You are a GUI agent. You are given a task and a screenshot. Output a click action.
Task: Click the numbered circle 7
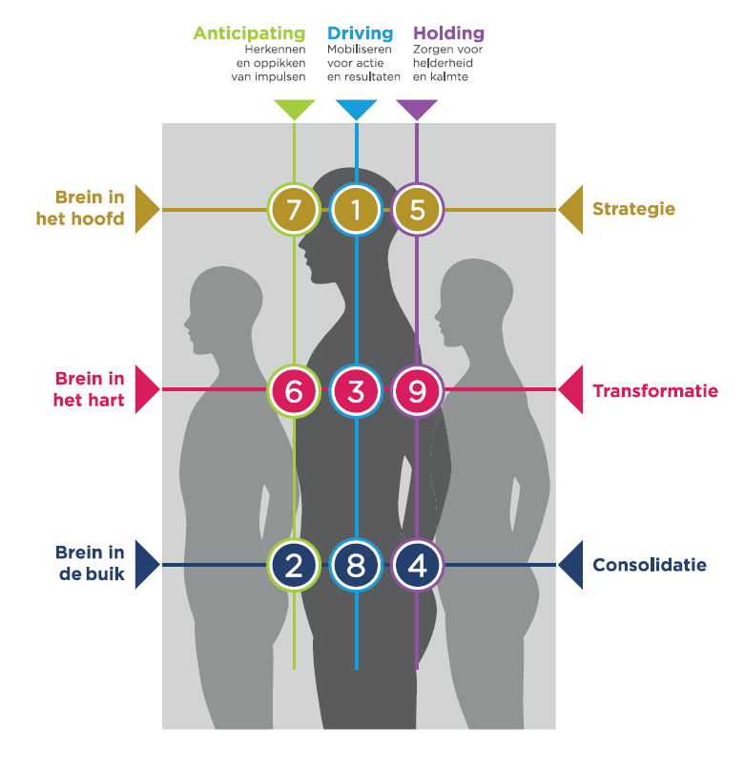tap(294, 210)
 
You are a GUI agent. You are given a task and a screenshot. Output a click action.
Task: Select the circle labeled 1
tap(356, 210)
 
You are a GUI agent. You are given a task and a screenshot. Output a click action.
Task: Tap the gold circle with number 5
tap(417, 210)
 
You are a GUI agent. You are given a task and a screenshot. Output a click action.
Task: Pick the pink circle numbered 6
tap(294, 390)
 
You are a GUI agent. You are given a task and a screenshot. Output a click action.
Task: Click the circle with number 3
tap(356, 390)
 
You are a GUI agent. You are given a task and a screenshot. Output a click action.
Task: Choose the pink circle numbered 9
tap(417, 390)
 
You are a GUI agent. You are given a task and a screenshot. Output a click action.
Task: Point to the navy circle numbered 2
tap(294, 566)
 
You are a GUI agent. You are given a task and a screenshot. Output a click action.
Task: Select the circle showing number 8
tap(356, 566)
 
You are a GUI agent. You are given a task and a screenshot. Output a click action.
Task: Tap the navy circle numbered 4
tap(417, 566)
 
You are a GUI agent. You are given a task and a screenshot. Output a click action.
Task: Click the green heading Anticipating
tap(249, 33)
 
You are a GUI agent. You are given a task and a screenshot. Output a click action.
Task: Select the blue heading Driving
tap(360, 33)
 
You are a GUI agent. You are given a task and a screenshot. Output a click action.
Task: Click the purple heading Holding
tap(448, 33)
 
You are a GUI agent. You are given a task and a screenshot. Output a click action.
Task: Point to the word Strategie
tap(633, 209)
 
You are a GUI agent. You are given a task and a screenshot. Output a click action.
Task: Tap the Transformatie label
tap(654, 391)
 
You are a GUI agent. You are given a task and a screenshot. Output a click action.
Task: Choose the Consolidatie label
tap(649, 565)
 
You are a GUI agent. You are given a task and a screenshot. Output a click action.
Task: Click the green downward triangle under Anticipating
tap(294, 108)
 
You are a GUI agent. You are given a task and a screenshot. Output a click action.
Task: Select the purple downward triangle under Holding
tap(417, 108)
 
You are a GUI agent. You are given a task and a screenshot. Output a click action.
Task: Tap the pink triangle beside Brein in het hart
tap(146, 389)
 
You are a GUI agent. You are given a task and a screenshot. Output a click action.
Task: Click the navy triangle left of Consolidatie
tap(570, 565)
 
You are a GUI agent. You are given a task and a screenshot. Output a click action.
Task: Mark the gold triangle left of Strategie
tap(570, 209)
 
